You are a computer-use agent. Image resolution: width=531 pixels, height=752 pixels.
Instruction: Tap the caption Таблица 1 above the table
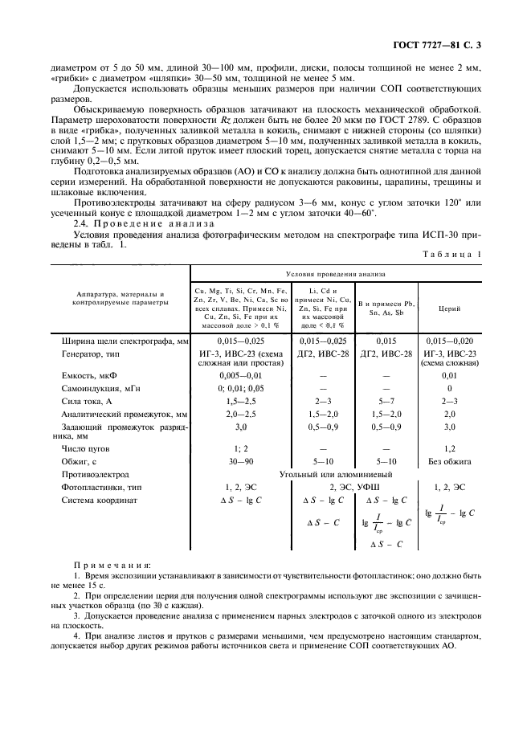[451, 255]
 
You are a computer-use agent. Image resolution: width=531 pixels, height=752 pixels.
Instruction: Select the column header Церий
[449, 308]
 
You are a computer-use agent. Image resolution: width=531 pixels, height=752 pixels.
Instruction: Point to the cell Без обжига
[449, 461]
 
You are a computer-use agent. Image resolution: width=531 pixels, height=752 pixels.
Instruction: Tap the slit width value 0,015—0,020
[449, 341]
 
